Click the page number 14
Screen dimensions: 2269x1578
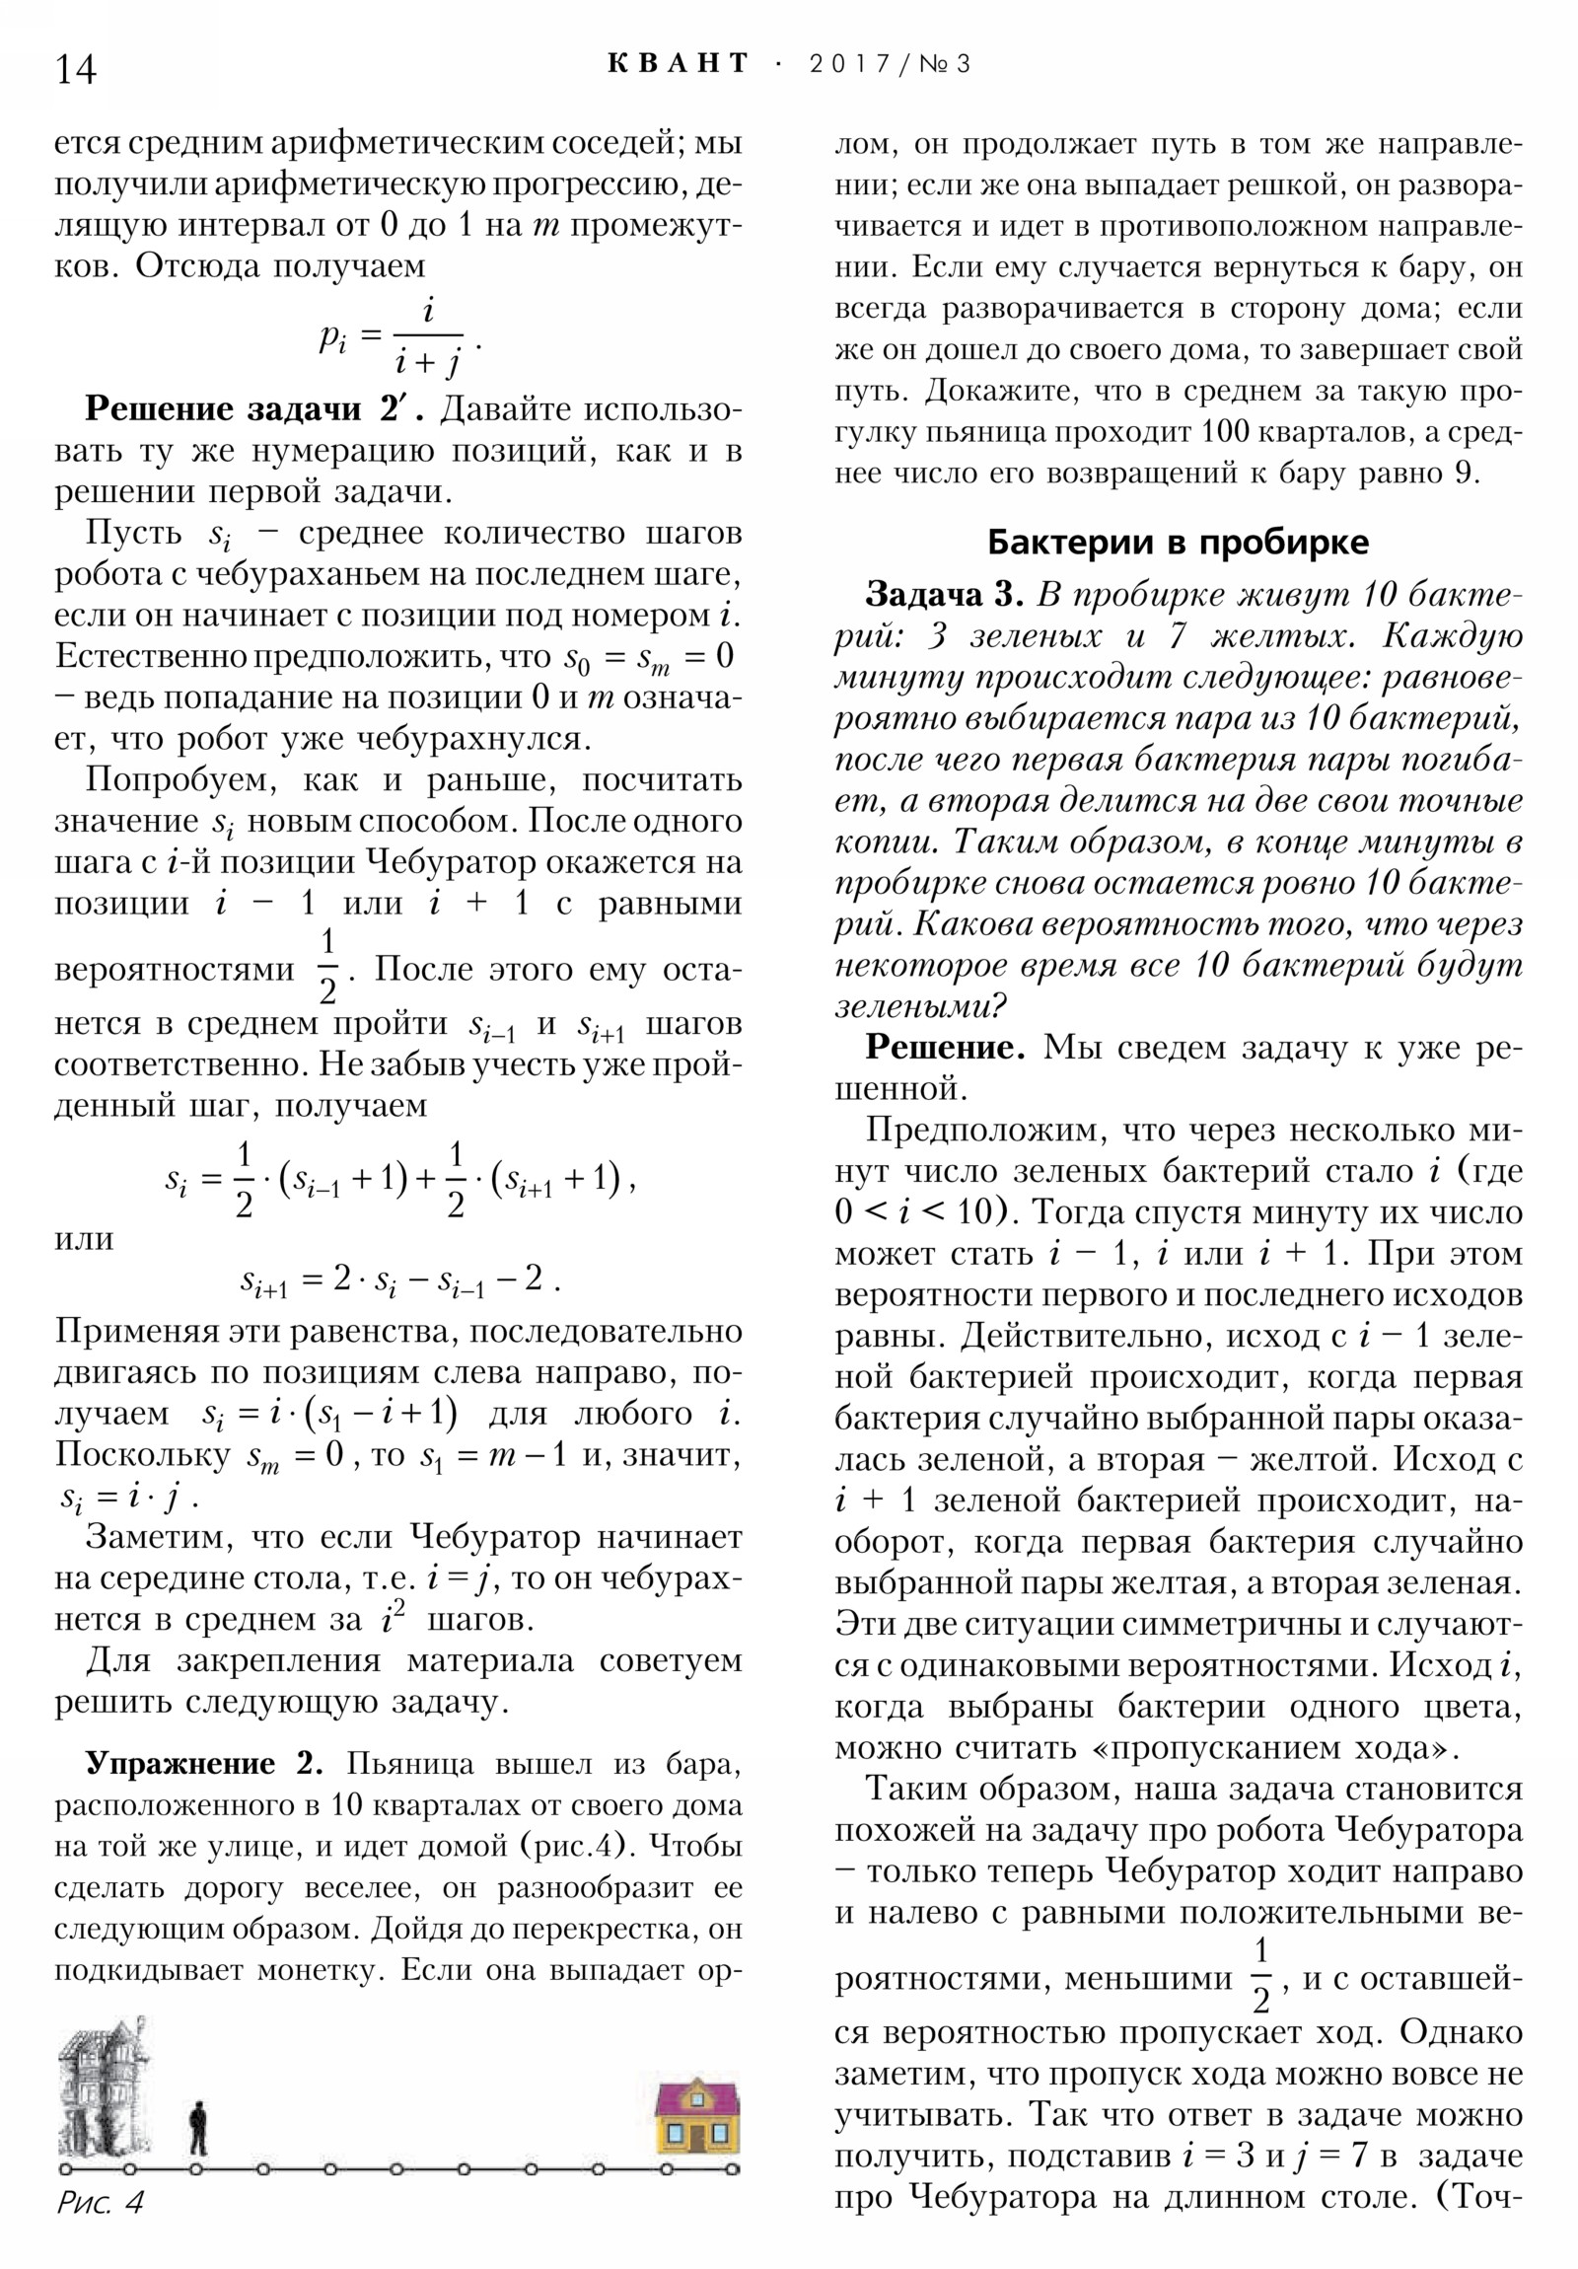pyautogui.click(x=76, y=70)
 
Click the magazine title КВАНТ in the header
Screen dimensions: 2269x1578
pyautogui.click(x=678, y=64)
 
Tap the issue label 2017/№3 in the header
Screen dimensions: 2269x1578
pyautogui.click(x=890, y=65)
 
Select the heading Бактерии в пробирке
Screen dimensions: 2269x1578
pyautogui.click(x=1178, y=542)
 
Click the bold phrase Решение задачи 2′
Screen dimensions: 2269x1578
pyautogui.click(x=253, y=409)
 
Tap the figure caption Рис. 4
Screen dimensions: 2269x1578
pyautogui.click(x=100, y=2202)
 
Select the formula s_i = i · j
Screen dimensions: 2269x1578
pyautogui.click(x=126, y=1499)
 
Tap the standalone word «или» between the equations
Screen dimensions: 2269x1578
pyautogui.click(x=84, y=1237)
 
